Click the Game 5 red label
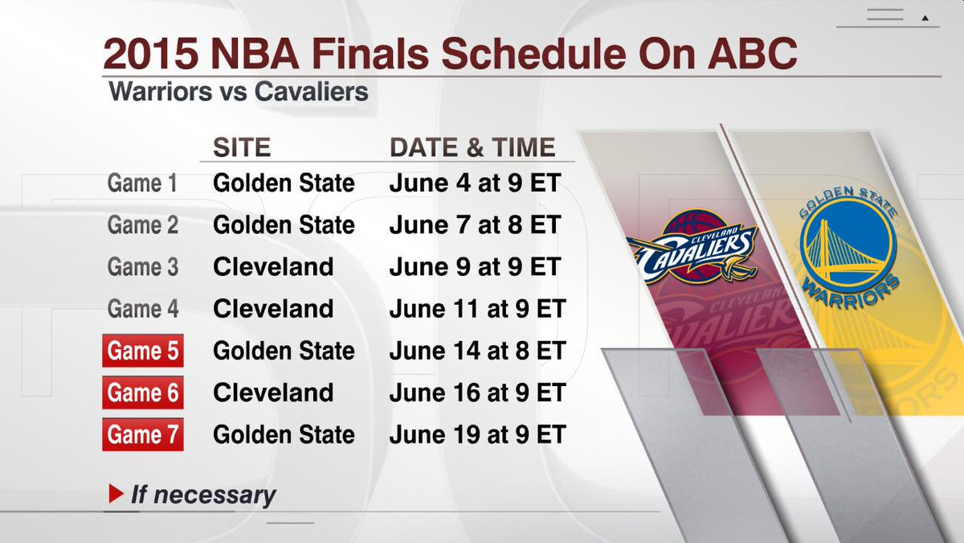pyautogui.click(x=143, y=351)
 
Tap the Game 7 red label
pyautogui.click(x=143, y=434)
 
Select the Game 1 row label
pyautogui.click(x=142, y=183)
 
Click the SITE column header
pyautogui.click(x=242, y=147)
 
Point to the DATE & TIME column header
pyautogui.click(x=472, y=147)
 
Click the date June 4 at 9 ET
pyautogui.click(x=475, y=183)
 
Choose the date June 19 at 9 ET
pyautogui.click(x=477, y=434)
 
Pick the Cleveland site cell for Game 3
pyautogui.click(x=273, y=267)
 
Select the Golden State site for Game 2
pyautogui.click(x=284, y=225)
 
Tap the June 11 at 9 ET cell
pyautogui.click(x=477, y=309)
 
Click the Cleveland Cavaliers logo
pyautogui.click(x=692, y=246)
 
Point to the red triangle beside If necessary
pyautogui.click(x=116, y=494)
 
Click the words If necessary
pyautogui.click(x=203, y=495)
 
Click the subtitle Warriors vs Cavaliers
pyautogui.click(x=239, y=92)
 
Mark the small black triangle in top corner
pyautogui.click(x=925, y=18)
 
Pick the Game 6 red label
pyautogui.click(x=143, y=393)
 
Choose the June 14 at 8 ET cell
pyautogui.click(x=477, y=351)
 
